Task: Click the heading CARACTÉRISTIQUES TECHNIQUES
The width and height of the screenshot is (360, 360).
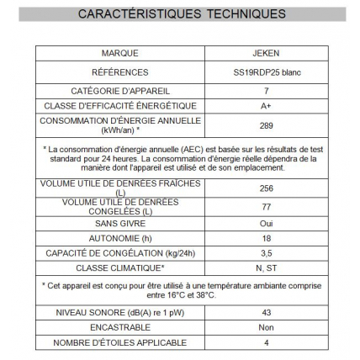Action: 180,14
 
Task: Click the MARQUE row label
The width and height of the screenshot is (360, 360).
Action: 120,53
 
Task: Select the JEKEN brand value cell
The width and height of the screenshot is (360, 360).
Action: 266,53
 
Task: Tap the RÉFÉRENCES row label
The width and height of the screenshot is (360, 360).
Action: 120,72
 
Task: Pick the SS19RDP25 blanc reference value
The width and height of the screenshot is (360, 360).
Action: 266,72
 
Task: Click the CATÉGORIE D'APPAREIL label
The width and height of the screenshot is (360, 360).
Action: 120,91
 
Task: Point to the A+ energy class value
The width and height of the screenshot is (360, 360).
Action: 266,106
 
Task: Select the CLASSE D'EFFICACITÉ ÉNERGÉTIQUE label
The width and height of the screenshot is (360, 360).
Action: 120,105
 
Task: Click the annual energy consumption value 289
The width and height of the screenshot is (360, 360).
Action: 266,125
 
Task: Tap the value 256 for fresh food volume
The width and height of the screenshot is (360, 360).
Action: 266,188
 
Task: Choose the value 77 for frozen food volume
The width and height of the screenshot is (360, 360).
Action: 266,206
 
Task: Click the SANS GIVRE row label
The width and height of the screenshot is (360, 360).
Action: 120,224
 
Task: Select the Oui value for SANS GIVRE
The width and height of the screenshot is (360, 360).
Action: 266,224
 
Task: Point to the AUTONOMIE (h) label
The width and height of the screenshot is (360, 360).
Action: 120,238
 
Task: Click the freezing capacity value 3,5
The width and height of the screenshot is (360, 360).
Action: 266,252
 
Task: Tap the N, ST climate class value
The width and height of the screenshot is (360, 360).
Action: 266,267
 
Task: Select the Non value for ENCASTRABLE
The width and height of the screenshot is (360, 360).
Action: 266,328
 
